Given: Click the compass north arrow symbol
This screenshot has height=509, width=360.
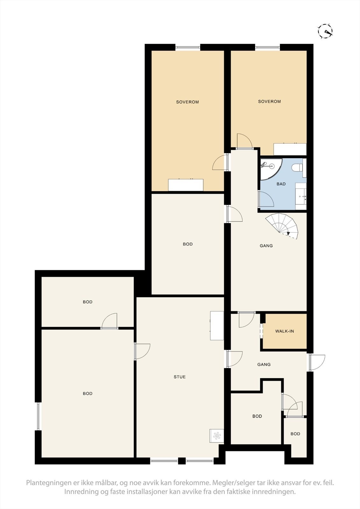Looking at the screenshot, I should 325,31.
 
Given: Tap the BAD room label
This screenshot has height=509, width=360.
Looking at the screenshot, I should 281,184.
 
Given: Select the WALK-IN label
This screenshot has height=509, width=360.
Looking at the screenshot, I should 285,331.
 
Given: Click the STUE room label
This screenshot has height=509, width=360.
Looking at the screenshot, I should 180,377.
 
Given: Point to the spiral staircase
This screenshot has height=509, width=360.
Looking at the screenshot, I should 283,226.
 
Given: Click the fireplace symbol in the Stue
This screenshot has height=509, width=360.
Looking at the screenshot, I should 216,436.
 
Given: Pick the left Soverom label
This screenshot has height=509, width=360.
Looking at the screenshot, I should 187,102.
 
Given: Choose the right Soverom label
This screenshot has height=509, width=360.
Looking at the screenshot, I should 269,101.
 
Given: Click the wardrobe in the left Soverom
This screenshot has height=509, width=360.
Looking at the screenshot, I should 186,185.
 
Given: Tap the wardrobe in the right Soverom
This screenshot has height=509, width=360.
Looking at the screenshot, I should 290,149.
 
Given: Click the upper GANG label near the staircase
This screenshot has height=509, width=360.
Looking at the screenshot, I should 266,246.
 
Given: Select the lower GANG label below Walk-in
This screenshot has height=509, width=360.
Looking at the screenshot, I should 264,365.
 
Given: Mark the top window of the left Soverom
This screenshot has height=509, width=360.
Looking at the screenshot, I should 188,48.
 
